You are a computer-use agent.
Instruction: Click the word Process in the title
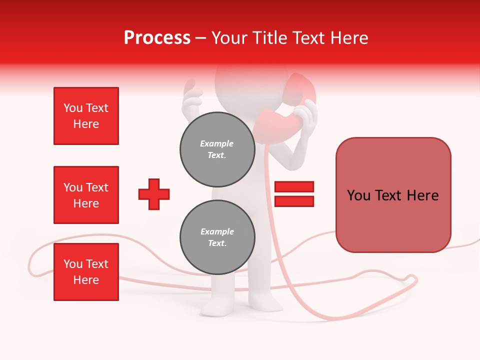[157, 38]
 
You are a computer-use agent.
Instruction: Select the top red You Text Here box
[86, 116]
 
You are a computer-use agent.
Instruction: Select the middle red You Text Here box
[86, 195]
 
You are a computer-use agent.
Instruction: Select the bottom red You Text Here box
[86, 272]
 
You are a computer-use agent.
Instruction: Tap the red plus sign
[154, 194]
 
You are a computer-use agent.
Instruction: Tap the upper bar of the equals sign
[294, 187]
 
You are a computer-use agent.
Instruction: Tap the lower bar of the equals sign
[294, 201]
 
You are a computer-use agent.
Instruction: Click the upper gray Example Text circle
[217, 149]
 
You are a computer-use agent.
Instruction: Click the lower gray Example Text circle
[217, 237]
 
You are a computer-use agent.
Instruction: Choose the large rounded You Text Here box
[393, 195]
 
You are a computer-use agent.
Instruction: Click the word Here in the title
[349, 38]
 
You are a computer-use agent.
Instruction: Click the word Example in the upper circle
[216, 144]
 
